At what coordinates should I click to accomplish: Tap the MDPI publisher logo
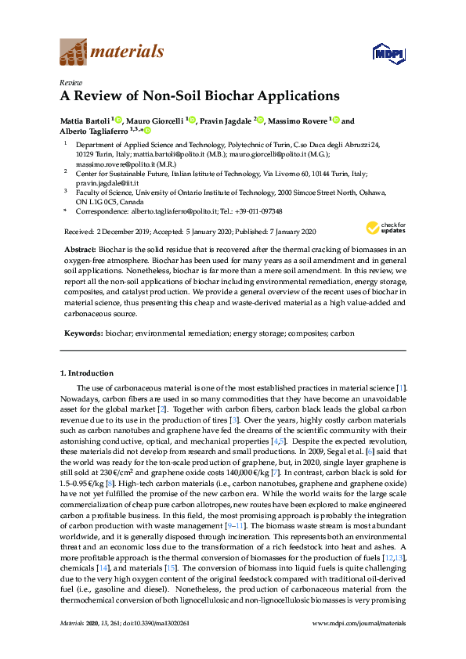385,52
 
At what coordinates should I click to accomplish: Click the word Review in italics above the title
70,82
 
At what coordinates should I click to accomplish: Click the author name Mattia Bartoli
85,121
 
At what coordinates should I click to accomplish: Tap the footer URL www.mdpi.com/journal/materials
359,623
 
